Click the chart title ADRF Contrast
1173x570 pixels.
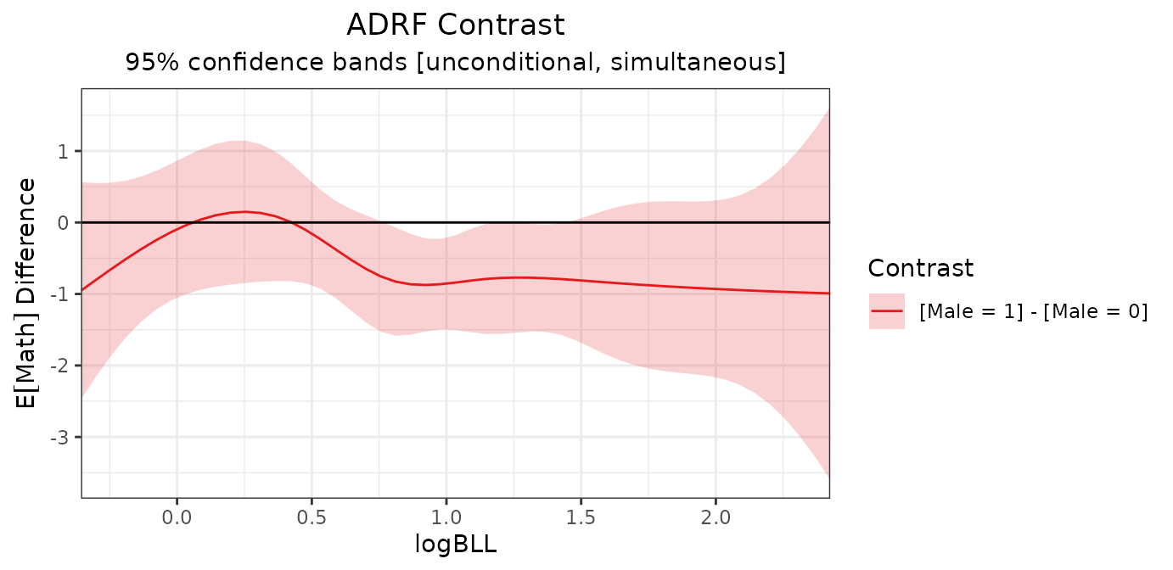[455, 25]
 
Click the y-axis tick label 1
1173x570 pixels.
[64, 151]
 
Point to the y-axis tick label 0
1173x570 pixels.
[64, 222]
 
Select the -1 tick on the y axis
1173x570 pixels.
[60, 293]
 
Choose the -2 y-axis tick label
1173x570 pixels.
[60, 366]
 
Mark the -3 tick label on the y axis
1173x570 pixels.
[60, 437]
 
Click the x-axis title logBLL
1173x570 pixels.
[455, 545]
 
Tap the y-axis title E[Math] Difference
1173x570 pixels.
[27, 293]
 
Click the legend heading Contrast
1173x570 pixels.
[920, 269]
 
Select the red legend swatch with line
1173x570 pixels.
[887, 311]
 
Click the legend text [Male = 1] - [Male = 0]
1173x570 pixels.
[1033, 312]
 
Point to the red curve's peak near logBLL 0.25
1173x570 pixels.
[244, 211]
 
